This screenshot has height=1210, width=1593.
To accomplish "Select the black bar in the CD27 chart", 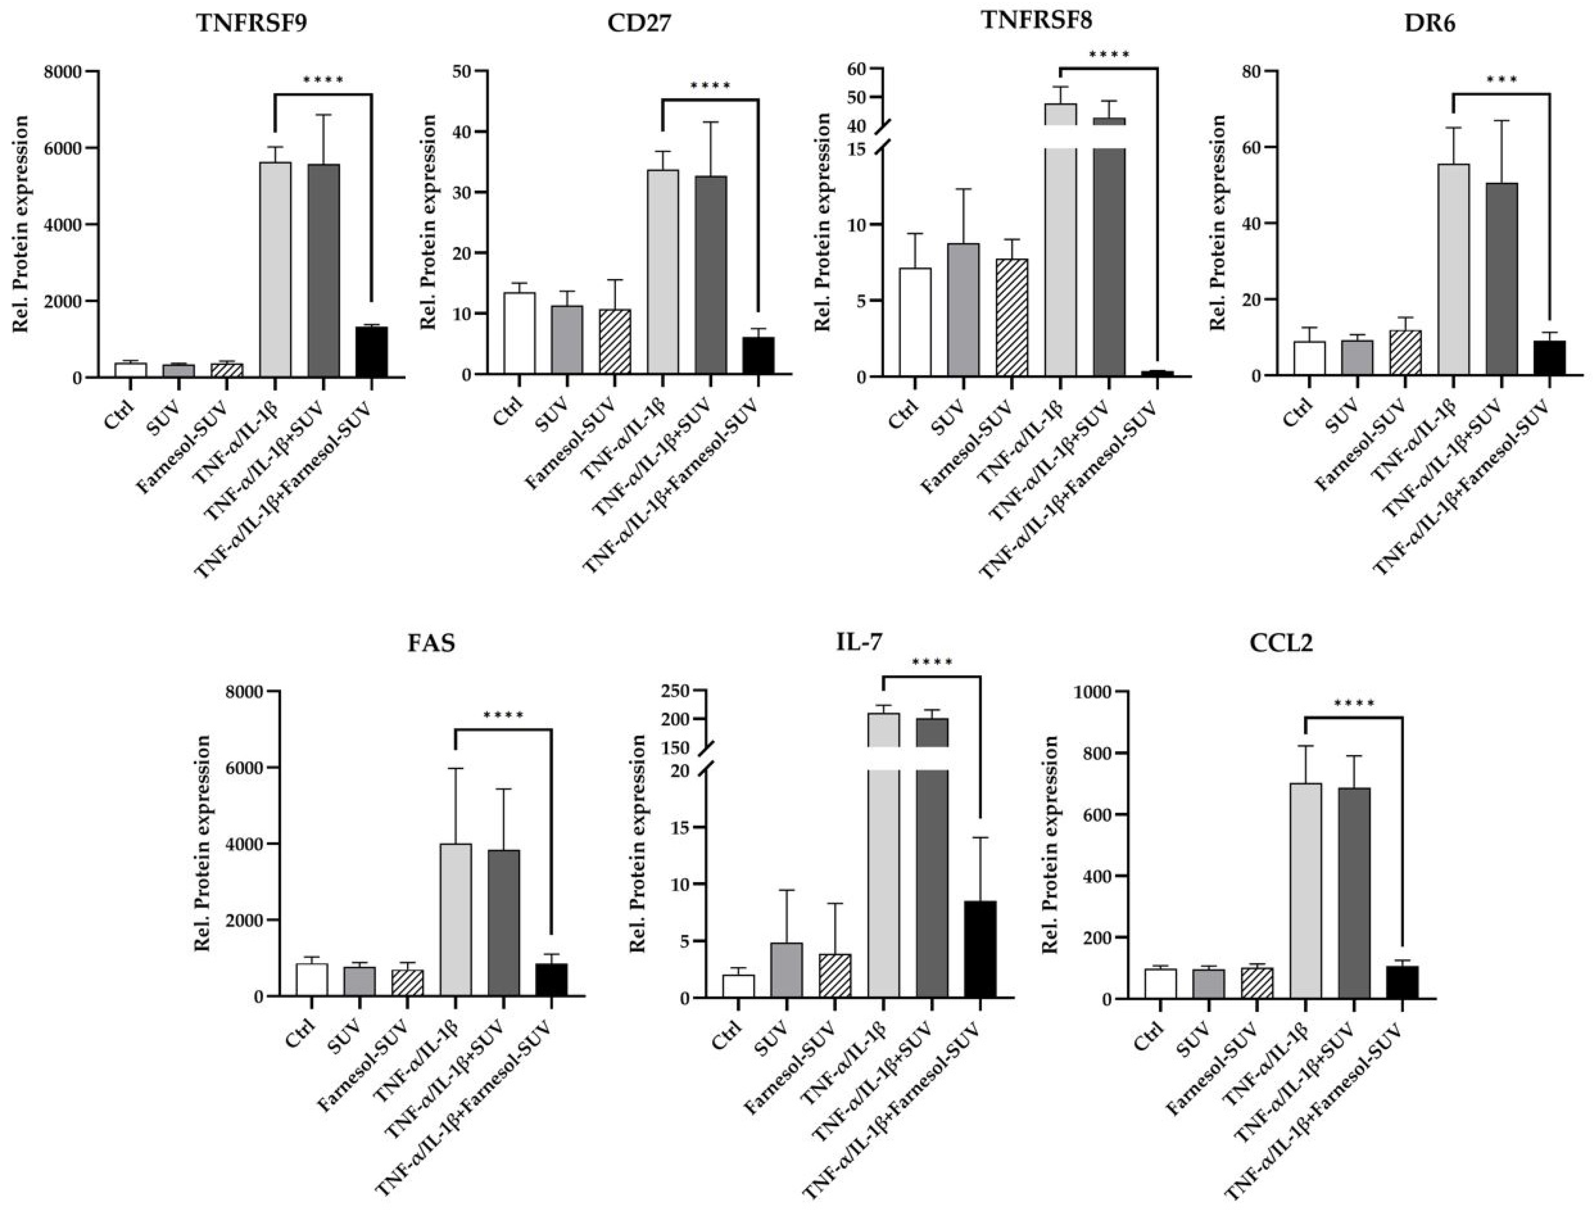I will tap(758, 355).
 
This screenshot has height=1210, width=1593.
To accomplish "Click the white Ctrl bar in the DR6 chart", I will tap(1309, 358).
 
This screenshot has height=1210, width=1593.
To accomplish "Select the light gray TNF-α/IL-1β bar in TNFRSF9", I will tap(275, 269).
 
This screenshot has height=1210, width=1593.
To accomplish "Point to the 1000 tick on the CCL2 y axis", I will tap(1092, 692).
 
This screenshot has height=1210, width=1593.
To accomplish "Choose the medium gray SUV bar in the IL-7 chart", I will tap(786, 970).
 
